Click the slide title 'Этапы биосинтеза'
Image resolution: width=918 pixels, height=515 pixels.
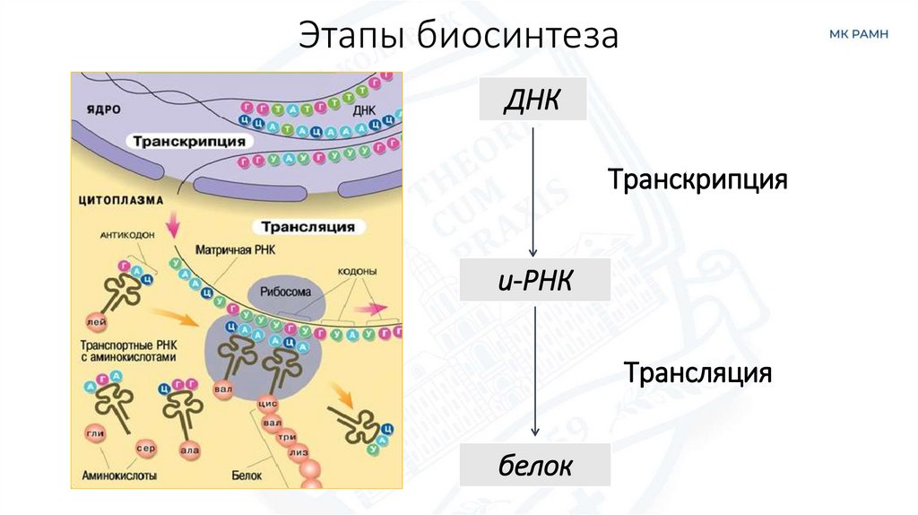[x=459, y=37]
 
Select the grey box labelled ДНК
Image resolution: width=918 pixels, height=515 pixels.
[x=533, y=99]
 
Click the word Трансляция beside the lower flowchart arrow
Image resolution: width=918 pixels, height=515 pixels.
[x=698, y=371]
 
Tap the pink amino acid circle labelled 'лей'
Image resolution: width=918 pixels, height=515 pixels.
[x=91, y=320]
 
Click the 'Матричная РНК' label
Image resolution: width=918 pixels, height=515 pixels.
[x=234, y=249]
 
